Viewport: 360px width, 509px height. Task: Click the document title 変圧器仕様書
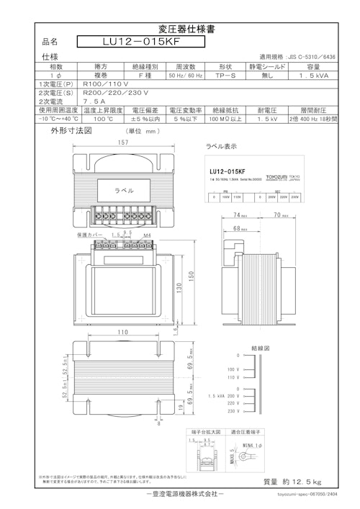click(x=179, y=30)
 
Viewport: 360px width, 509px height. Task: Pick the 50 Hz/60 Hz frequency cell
click(x=186, y=74)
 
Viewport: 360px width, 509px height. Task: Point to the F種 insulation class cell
click(x=143, y=74)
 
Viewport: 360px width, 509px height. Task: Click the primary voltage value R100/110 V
click(x=107, y=84)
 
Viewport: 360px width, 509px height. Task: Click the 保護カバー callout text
click(x=90, y=235)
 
